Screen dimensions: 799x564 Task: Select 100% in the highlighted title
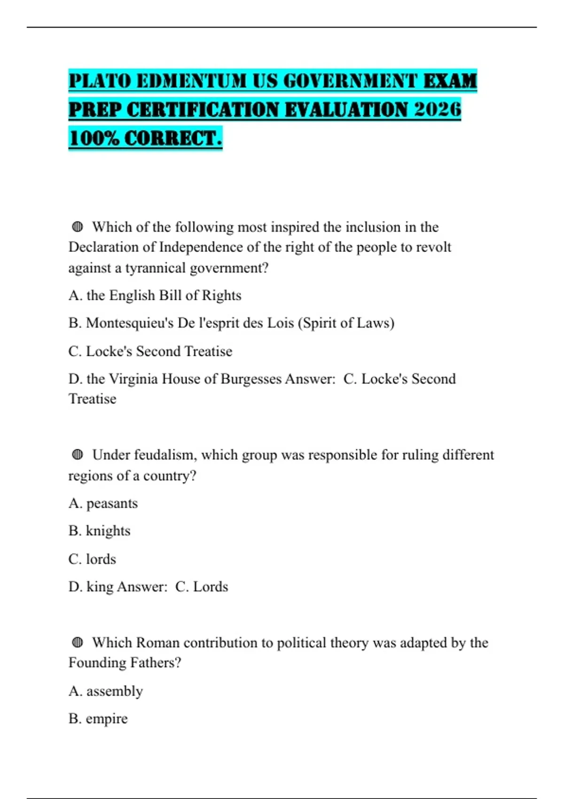pyautogui.click(x=93, y=138)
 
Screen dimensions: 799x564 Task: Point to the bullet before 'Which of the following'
pyautogui.click(x=78, y=227)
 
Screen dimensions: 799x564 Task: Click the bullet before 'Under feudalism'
pyautogui.click(x=78, y=454)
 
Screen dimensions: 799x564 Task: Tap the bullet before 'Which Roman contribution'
pyautogui.click(x=78, y=642)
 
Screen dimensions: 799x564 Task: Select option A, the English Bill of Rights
pyautogui.click(x=155, y=295)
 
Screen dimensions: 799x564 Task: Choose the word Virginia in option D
pyautogui.click(x=133, y=379)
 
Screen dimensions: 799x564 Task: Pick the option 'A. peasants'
pyautogui.click(x=103, y=503)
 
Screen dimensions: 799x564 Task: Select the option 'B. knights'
pyautogui.click(x=99, y=531)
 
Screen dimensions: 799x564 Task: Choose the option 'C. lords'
pyautogui.click(x=92, y=559)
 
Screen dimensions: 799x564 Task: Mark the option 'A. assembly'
pyautogui.click(x=106, y=691)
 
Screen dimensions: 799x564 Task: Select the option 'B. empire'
pyautogui.click(x=98, y=719)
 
